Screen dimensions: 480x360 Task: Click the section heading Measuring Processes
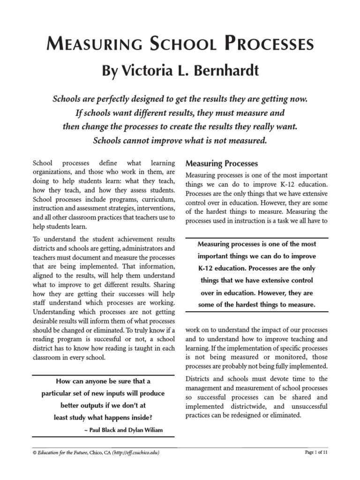pyautogui.click(x=222, y=164)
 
